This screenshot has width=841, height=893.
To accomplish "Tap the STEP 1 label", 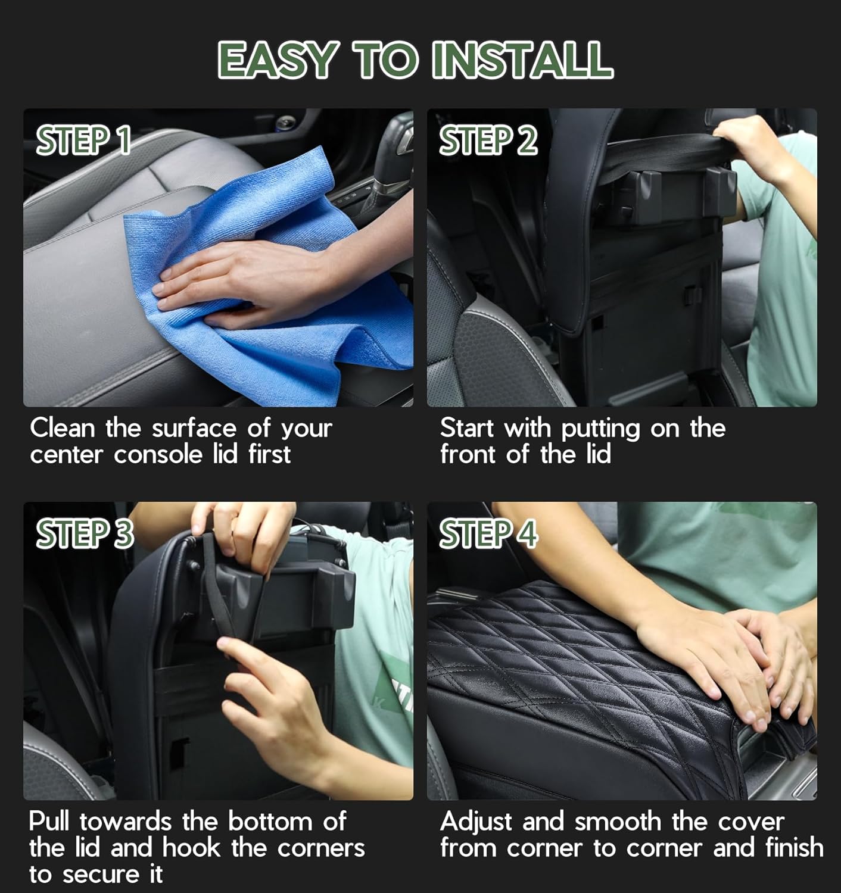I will tap(83, 140).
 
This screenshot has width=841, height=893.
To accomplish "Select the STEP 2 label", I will tap(488, 140).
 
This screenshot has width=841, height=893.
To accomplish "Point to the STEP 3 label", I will tap(84, 533).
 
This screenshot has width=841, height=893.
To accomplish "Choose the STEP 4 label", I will tap(488, 533).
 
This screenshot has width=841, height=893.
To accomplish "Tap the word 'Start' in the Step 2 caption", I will tap(466, 427).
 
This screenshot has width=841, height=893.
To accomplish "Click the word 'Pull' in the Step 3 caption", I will tap(50, 822).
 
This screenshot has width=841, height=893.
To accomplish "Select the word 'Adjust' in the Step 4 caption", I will tap(475, 822).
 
